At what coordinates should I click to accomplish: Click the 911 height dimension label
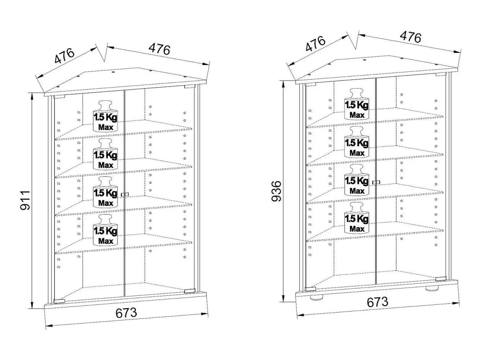pyautogui.click(x=25, y=200)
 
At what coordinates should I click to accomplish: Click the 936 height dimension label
pyautogui.click(x=276, y=191)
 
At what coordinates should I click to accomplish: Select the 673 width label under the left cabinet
pyautogui.click(x=126, y=313)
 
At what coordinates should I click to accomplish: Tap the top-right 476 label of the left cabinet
pyautogui.click(x=159, y=49)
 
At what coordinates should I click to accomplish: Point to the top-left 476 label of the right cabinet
pyautogui.click(x=316, y=44)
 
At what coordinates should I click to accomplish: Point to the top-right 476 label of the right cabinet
pyautogui.click(x=411, y=37)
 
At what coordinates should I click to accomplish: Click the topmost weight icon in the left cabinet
pyautogui.click(x=106, y=116)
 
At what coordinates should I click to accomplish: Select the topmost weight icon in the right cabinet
pyautogui.click(x=357, y=104)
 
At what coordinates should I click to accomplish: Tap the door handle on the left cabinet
pyautogui.click(x=125, y=194)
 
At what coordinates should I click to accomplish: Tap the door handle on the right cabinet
pyautogui.click(x=376, y=182)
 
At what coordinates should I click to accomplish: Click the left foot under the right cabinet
pyautogui.click(x=316, y=298)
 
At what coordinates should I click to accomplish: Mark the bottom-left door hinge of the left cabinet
pyautogui.click(x=59, y=301)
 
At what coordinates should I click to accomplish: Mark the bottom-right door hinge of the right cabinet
pyautogui.click(x=441, y=279)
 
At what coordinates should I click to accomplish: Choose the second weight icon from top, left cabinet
pyautogui.click(x=106, y=154)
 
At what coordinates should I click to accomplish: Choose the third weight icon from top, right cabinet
pyautogui.click(x=357, y=180)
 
